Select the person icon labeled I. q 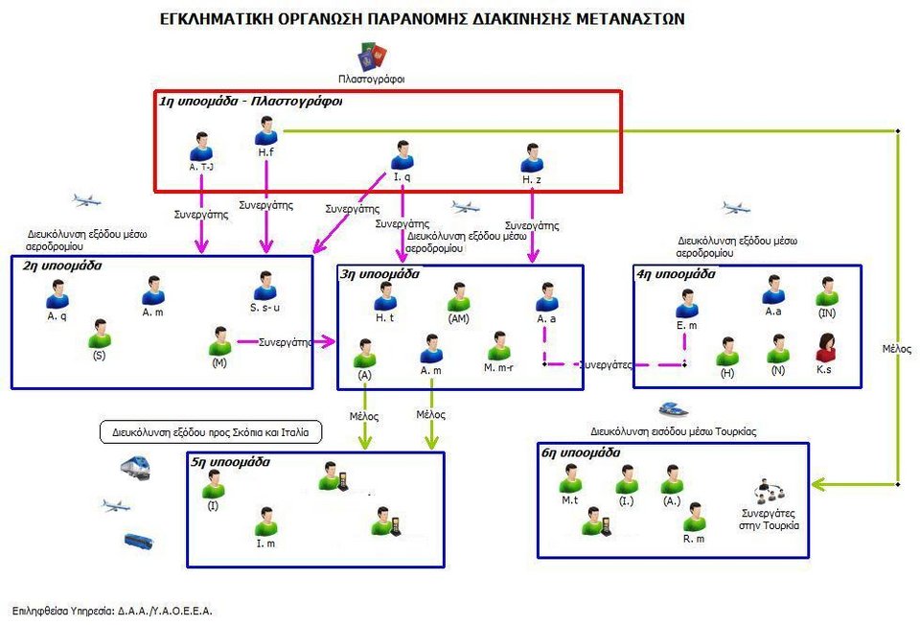click(402, 155)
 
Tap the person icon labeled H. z click(532, 157)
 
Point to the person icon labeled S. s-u click(265, 286)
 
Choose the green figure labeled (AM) click(459, 297)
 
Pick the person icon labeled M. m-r click(498, 346)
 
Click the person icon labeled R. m click(695, 518)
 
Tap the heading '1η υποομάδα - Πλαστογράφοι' click(251, 100)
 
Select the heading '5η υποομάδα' click(230, 462)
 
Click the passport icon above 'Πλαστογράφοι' click(371, 55)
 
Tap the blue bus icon click(139, 541)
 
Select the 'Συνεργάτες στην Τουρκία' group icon click(772, 491)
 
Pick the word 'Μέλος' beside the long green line click(897, 349)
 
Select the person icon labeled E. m click(686, 304)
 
